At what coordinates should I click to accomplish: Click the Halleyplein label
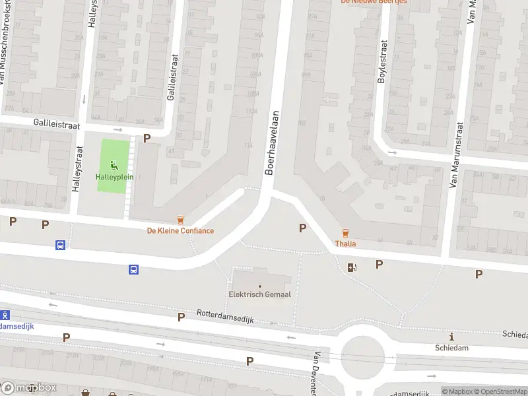coord(115,177)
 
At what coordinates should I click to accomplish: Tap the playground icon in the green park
coord(114,165)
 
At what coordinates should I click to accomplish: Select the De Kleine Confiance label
coord(180,230)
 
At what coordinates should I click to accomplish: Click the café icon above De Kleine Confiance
coord(180,219)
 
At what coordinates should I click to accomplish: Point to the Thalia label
coord(345,244)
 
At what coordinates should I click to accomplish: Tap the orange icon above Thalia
coord(345,232)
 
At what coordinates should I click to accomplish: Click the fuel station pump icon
coord(352,267)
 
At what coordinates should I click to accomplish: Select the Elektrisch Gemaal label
coord(260,294)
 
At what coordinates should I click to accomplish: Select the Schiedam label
coord(451,348)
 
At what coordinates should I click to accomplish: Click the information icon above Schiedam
coord(451,337)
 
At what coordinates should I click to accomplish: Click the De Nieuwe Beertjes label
coord(374,2)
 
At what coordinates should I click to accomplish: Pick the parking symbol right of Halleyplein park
coord(147,139)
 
